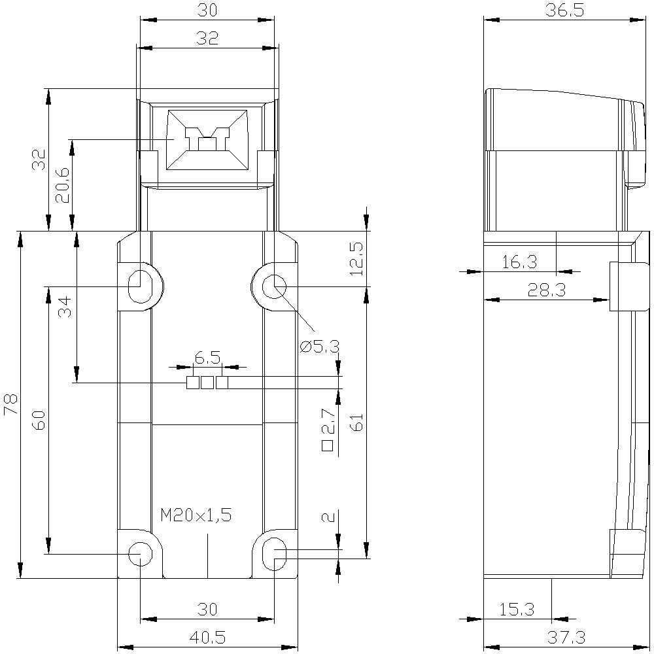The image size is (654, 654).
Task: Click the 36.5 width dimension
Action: coord(566,11)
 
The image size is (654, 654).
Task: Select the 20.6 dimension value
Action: coord(62,186)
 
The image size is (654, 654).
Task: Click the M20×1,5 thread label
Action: coord(196,515)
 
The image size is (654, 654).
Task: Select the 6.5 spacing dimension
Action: coord(207,357)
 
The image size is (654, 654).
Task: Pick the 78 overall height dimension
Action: coord(10,405)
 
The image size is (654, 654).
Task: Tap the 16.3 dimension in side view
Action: coord(519,262)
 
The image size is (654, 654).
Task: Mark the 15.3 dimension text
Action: coord(517,610)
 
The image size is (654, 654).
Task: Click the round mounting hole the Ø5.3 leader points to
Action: coord(273,286)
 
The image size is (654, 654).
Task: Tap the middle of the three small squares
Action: coord(207,383)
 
